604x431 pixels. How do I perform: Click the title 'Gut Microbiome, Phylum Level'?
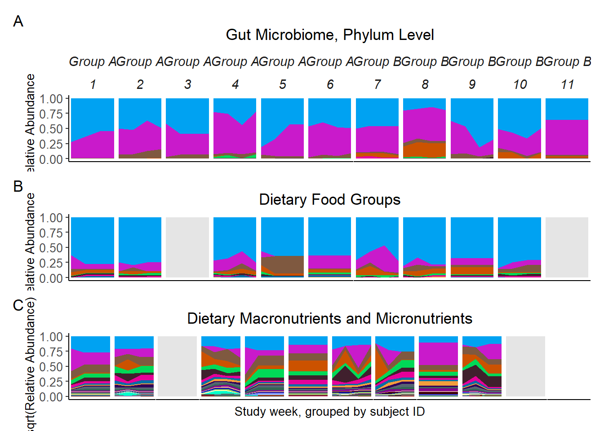click(329, 35)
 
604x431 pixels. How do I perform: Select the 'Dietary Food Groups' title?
click(329, 199)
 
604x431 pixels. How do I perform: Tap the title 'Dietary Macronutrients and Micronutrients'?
click(329, 318)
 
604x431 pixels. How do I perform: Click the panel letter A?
click(18, 21)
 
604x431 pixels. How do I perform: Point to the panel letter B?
click(18, 186)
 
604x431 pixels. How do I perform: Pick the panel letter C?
click(18, 305)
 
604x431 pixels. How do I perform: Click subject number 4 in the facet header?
click(235, 84)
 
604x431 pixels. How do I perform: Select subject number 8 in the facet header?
click(425, 84)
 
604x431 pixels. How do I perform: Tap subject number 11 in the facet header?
click(567, 84)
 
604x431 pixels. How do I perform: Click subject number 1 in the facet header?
click(93, 84)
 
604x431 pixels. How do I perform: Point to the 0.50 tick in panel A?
click(51, 129)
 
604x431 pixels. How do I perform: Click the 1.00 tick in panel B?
click(51, 218)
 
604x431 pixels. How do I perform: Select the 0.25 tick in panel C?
click(51, 382)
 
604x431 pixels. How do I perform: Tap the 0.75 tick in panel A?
click(51, 114)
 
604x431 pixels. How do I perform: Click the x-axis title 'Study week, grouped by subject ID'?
click(329, 411)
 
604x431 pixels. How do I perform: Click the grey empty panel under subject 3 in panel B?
click(187, 247)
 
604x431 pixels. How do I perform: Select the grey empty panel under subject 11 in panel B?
click(567, 247)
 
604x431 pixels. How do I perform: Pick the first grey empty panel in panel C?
click(177, 366)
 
